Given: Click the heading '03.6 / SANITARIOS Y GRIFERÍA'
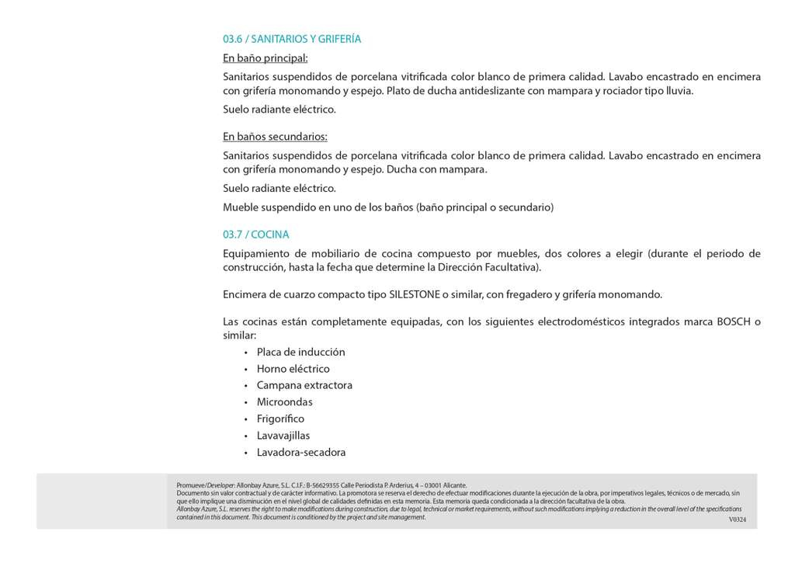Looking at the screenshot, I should click(x=292, y=39).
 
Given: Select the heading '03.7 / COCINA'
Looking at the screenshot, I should click(x=256, y=235).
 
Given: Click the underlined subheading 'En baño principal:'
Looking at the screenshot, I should click(x=266, y=58).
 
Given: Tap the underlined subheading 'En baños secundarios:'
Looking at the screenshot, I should click(x=275, y=137).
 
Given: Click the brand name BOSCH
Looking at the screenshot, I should click(x=734, y=321).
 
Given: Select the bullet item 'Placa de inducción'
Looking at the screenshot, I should click(x=300, y=352).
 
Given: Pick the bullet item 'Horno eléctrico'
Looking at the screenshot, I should click(x=293, y=369).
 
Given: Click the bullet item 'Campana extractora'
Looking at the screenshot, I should click(x=304, y=385).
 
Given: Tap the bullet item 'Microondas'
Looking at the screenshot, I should click(x=284, y=402).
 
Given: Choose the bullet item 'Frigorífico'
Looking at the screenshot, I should click(x=280, y=419).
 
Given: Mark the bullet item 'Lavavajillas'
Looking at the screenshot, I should click(x=283, y=436).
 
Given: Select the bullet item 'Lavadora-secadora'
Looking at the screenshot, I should click(x=301, y=453).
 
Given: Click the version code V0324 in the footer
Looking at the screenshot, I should click(x=737, y=519).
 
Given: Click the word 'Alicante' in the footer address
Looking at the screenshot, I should click(x=453, y=485).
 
